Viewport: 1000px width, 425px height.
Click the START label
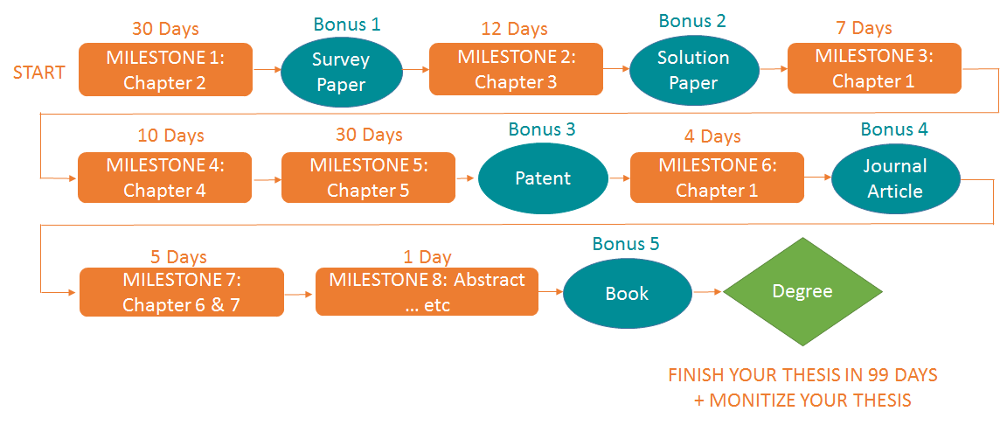[39, 72]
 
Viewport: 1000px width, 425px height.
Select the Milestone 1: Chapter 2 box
[166, 70]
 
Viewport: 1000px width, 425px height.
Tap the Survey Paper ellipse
[341, 72]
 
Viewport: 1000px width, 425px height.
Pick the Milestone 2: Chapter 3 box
[516, 69]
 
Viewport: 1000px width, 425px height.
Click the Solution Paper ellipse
[693, 70]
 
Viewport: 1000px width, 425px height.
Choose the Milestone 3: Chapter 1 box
[874, 68]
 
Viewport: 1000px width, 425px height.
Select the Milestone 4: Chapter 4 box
[165, 178]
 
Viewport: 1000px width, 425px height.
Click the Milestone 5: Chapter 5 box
[369, 178]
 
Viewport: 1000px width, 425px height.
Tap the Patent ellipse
[543, 178]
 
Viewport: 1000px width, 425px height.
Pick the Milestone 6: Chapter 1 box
[718, 178]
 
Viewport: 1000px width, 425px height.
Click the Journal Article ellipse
[895, 178]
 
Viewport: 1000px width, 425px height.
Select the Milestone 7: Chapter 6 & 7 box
[182, 291]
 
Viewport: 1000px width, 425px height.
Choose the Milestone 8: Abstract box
[427, 291]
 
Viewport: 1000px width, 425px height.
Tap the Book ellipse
[627, 294]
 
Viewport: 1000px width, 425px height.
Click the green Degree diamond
[802, 291]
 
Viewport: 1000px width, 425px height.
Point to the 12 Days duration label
[515, 29]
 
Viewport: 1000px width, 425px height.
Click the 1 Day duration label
[427, 256]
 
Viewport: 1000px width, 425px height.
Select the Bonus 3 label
[542, 129]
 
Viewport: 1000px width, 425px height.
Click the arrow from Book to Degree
[707, 292]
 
